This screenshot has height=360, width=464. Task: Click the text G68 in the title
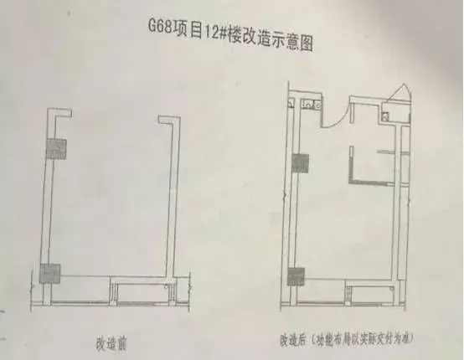(x=160, y=27)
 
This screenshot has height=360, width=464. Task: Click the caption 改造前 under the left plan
(x=111, y=343)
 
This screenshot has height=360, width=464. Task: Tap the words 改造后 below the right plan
(x=293, y=340)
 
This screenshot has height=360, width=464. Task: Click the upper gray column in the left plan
(x=56, y=149)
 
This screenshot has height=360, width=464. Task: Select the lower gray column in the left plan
(x=49, y=274)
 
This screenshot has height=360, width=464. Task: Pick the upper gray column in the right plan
(x=301, y=163)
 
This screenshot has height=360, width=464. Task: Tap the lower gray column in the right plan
(x=296, y=276)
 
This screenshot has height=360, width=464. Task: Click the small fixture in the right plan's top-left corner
(x=291, y=104)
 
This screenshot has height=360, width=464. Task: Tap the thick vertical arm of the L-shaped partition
(x=351, y=163)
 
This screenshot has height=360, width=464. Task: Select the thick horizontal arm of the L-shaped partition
(x=372, y=183)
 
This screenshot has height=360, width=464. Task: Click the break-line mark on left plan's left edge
(x=32, y=286)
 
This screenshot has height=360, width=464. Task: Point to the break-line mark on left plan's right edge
(x=189, y=287)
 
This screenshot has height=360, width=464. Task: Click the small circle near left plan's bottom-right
(x=167, y=286)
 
